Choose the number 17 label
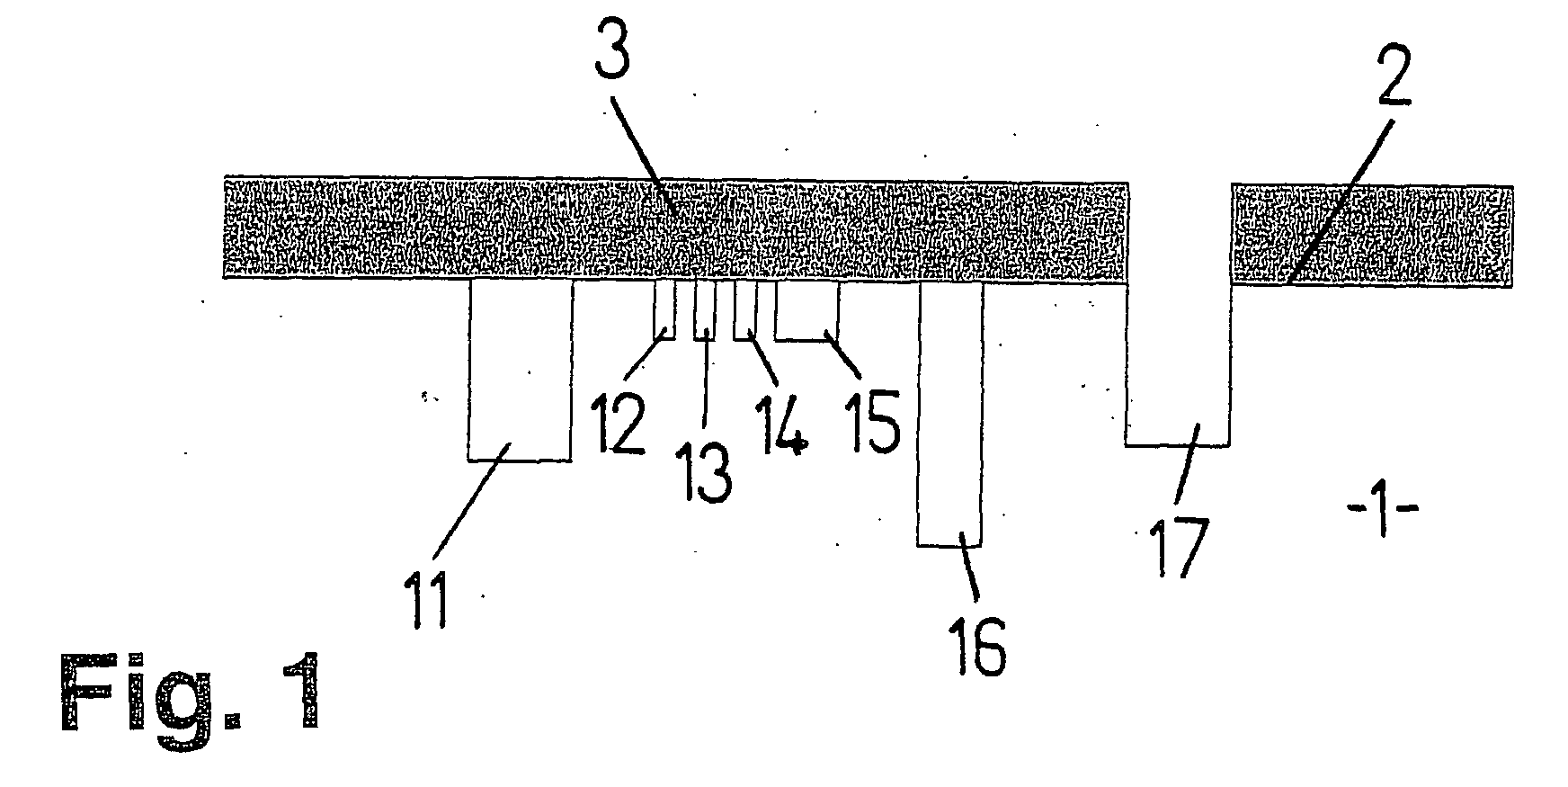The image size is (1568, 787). pyautogui.click(x=1179, y=542)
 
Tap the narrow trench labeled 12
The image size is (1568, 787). pyautogui.click(x=664, y=309)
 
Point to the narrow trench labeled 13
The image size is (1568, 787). pyautogui.click(x=705, y=309)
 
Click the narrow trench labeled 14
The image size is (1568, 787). pyautogui.click(x=745, y=309)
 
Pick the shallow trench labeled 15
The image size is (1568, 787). pyautogui.click(x=806, y=309)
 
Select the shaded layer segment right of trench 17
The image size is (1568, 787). pyautogui.click(x=1371, y=235)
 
